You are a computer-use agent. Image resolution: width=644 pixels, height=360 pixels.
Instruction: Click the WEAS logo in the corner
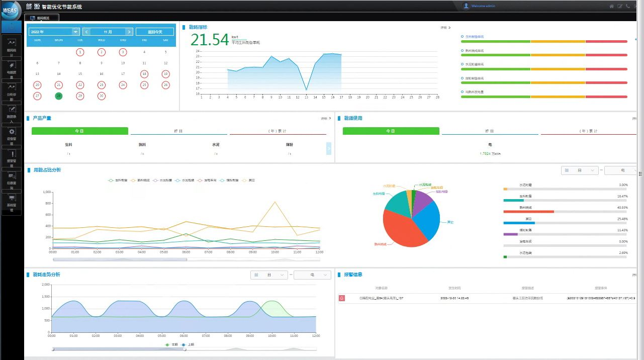pos(11,10)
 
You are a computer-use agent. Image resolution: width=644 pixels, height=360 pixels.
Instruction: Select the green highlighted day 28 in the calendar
pos(59,96)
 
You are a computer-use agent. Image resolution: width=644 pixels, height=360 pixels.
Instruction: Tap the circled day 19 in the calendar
pos(165,74)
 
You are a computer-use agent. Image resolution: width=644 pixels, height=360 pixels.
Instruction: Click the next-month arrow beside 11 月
pos(129,32)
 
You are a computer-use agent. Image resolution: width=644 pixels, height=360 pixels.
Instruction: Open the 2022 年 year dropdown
pos(75,32)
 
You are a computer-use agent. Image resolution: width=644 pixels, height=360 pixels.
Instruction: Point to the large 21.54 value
pos(210,40)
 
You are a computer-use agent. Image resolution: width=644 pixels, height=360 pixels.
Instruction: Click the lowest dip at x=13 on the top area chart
pos(306,90)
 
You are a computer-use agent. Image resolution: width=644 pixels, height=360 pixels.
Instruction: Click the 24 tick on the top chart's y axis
pos(198,51)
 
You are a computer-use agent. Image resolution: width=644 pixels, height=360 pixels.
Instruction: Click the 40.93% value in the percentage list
pos(622,207)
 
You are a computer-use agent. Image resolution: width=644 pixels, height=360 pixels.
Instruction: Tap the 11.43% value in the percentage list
pos(622,230)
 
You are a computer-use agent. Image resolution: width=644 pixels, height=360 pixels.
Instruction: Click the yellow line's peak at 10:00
pos(274,202)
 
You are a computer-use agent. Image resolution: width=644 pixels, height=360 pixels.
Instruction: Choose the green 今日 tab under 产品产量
pos(79,131)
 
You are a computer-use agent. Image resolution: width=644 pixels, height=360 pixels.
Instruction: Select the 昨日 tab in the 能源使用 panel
pos(489,131)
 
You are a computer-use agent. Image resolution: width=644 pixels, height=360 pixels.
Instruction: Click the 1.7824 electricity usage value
pos(485,153)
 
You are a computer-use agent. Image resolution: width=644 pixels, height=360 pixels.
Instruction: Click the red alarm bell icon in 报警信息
pos(342,298)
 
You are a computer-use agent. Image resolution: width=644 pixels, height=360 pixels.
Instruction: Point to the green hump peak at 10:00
pos(272,301)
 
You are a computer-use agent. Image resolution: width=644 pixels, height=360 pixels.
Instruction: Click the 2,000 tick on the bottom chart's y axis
pos(45,285)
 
